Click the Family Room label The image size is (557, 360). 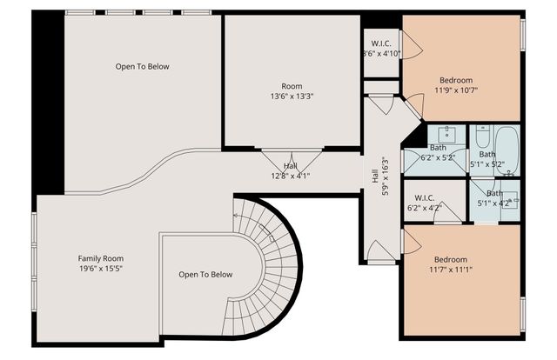tap(100, 258)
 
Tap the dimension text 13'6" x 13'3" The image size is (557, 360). tap(291, 97)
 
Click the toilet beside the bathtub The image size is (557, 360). tap(481, 137)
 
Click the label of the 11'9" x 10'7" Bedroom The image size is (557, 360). tap(456, 80)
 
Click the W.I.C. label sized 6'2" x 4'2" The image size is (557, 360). tap(425, 197)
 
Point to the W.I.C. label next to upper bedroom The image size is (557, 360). tap(381, 43)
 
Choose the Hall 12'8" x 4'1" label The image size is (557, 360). tap(291, 165)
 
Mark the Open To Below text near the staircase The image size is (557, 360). tap(205, 275)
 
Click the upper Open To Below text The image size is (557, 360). tap(142, 67)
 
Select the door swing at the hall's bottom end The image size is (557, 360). tap(380, 251)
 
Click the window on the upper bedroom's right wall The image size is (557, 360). tap(522, 33)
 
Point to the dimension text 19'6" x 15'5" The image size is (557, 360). tap(100, 270)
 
